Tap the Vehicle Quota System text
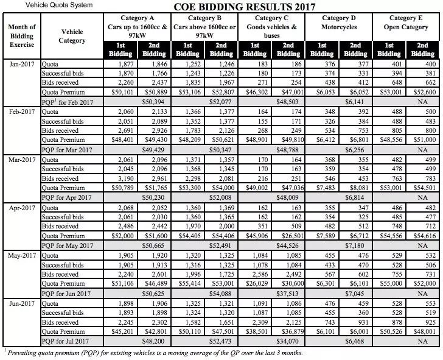[x=47, y=5]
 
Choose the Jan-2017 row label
[x=21, y=63]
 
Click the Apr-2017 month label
[x=21, y=209]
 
